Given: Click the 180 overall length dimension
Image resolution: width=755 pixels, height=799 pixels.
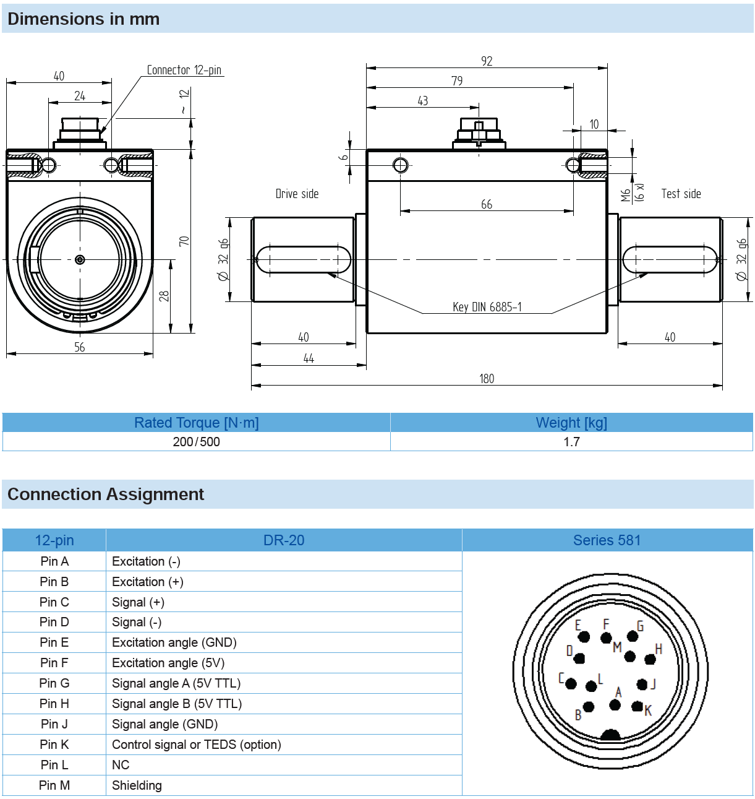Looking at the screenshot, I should click(487, 379).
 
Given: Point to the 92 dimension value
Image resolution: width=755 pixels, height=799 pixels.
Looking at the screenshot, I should click(487, 61).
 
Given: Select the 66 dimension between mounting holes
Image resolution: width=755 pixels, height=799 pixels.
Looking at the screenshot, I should click(487, 204).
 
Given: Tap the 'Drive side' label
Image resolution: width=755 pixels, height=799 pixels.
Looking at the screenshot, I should click(297, 194).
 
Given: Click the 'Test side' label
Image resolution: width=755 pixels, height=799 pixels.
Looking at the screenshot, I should click(681, 194).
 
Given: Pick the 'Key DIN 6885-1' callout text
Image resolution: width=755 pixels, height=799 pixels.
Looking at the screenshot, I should click(487, 307).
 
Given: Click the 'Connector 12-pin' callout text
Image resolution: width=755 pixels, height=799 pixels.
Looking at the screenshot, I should click(184, 70).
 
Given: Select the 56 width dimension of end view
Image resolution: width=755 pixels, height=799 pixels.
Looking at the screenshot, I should click(80, 347).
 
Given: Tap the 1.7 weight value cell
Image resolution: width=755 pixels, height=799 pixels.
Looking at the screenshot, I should click(571, 442).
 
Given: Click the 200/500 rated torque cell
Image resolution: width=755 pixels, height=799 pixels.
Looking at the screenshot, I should click(196, 442).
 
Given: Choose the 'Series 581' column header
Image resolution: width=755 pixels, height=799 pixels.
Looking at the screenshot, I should click(607, 540).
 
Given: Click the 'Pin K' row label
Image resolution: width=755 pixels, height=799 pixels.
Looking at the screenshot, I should click(54, 745).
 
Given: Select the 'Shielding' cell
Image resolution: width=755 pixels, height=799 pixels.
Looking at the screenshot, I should click(137, 785).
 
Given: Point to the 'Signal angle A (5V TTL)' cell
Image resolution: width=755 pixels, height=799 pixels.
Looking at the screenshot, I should click(176, 683).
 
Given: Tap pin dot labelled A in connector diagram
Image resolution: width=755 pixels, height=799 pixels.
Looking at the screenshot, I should click(615, 705).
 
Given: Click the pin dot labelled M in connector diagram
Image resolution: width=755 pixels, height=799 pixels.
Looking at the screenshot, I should click(630, 657).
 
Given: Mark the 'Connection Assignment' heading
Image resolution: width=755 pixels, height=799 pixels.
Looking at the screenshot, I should click(106, 495).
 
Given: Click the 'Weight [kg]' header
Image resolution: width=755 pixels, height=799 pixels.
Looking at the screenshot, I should click(571, 423).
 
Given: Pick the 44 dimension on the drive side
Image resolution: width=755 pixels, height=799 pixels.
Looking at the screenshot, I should click(309, 358).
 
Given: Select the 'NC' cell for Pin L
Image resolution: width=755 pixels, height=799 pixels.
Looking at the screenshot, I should click(121, 765).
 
